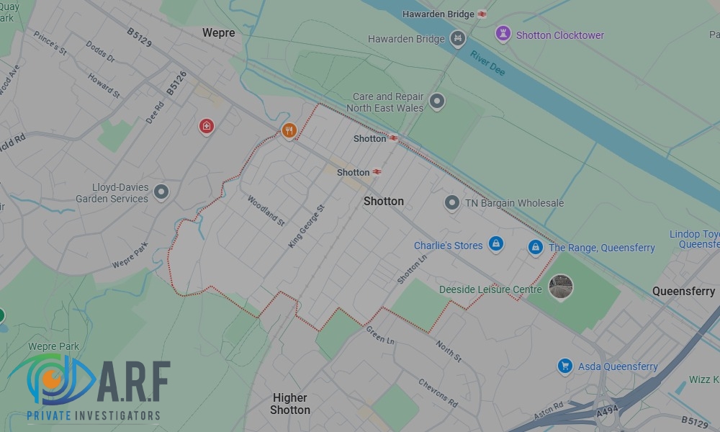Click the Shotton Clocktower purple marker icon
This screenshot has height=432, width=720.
503,34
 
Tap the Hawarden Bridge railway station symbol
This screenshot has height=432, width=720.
482,14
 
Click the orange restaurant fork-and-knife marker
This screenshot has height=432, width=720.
289,130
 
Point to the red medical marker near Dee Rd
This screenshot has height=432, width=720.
207,127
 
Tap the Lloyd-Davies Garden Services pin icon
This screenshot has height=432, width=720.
161,192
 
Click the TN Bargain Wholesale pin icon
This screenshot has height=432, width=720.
451,203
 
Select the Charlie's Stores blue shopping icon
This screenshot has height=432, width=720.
495,245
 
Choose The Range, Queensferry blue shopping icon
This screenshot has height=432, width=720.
535,247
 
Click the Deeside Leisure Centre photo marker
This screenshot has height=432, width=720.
560,287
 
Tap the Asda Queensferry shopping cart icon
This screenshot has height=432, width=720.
565,366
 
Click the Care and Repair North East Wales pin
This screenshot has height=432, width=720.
436,102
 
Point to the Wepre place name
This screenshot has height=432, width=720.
218,32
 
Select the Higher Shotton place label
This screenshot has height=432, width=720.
290,403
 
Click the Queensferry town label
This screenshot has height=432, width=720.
683,291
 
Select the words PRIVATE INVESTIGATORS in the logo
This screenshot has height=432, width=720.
94,415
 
